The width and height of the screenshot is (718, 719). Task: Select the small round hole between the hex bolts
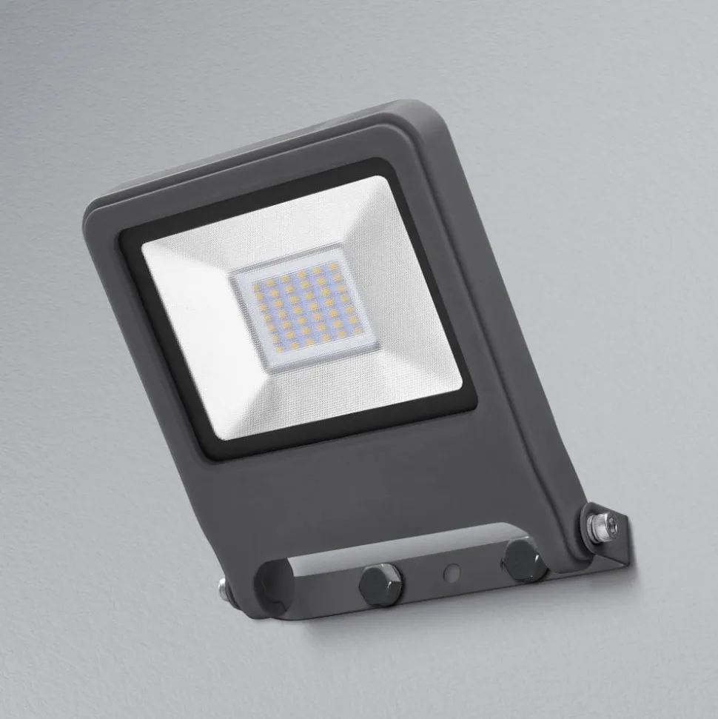[451, 573]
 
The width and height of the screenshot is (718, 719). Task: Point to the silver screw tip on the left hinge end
[223, 589]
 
